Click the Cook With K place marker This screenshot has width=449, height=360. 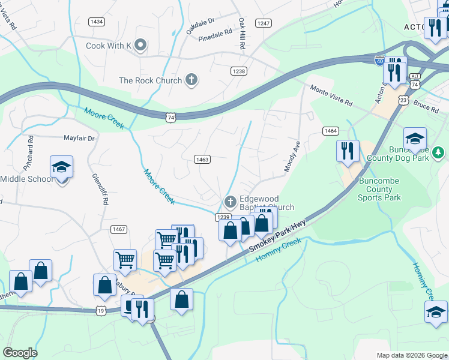point(140,46)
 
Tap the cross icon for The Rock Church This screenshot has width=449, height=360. point(191,80)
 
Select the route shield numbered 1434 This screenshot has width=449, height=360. point(96,22)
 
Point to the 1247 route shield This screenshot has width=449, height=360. point(264,23)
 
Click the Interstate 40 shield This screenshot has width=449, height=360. point(379,60)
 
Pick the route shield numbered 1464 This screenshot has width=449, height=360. point(330,131)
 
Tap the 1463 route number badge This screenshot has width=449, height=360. point(202,159)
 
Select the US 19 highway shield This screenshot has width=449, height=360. point(101,311)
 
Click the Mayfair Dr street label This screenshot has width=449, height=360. point(79,138)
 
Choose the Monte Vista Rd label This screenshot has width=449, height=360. point(331,95)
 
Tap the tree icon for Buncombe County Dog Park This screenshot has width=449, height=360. point(439,152)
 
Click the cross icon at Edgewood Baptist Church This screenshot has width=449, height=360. point(229,201)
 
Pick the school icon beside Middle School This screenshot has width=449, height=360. point(61,167)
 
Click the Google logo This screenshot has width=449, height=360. point(20,353)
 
